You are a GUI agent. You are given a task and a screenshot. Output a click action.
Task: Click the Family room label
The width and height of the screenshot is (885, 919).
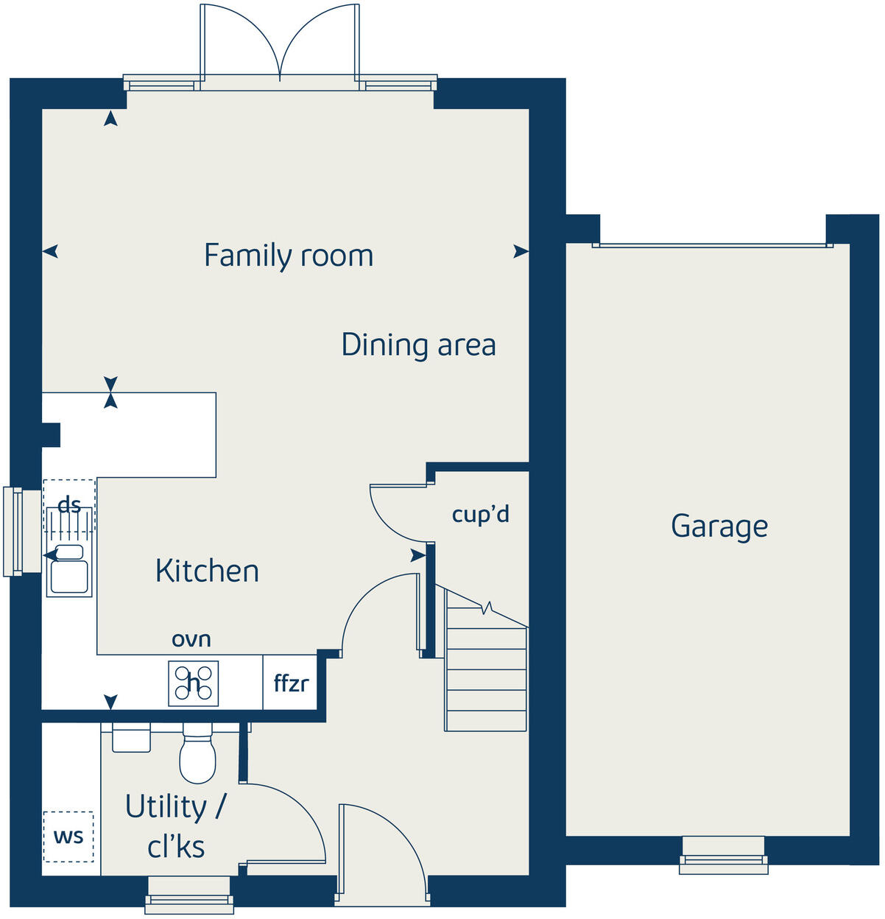[289, 256]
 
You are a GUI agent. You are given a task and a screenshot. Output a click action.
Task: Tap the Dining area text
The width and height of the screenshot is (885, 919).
[418, 345]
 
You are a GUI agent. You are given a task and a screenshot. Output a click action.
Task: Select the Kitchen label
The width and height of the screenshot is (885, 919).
[207, 571]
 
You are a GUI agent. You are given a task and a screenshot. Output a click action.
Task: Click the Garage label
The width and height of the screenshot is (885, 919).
[719, 526]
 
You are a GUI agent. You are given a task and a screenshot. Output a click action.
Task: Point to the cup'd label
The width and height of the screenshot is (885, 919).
[480, 514]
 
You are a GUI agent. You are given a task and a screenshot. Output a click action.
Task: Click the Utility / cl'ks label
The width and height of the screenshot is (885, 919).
[176, 826]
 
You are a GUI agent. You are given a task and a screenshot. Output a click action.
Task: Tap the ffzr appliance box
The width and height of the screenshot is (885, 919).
[290, 683]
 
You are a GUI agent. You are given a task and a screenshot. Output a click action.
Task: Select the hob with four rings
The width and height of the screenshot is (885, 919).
[194, 683]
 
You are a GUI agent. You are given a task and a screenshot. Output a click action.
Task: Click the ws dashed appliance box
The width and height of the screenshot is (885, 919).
[68, 837]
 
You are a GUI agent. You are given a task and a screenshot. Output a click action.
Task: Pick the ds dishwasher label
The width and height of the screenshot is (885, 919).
[69, 505]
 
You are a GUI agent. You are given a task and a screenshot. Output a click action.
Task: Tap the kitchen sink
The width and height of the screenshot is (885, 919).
[68, 571]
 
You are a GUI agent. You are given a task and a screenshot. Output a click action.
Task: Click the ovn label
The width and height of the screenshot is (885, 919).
[191, 639]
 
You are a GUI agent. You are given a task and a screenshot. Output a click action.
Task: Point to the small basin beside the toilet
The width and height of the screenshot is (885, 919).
[131, 738]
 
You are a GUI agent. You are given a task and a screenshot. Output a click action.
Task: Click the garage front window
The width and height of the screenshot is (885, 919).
[723, 856]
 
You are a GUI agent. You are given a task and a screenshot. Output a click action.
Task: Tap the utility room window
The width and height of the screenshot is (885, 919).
[190, 895]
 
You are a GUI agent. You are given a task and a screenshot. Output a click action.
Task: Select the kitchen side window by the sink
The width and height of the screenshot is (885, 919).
[13, 531]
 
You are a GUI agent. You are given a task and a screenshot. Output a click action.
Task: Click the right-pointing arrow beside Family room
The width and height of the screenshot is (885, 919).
[521, 252]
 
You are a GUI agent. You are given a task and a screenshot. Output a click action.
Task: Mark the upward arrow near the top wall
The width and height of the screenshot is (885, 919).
[110, 118]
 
